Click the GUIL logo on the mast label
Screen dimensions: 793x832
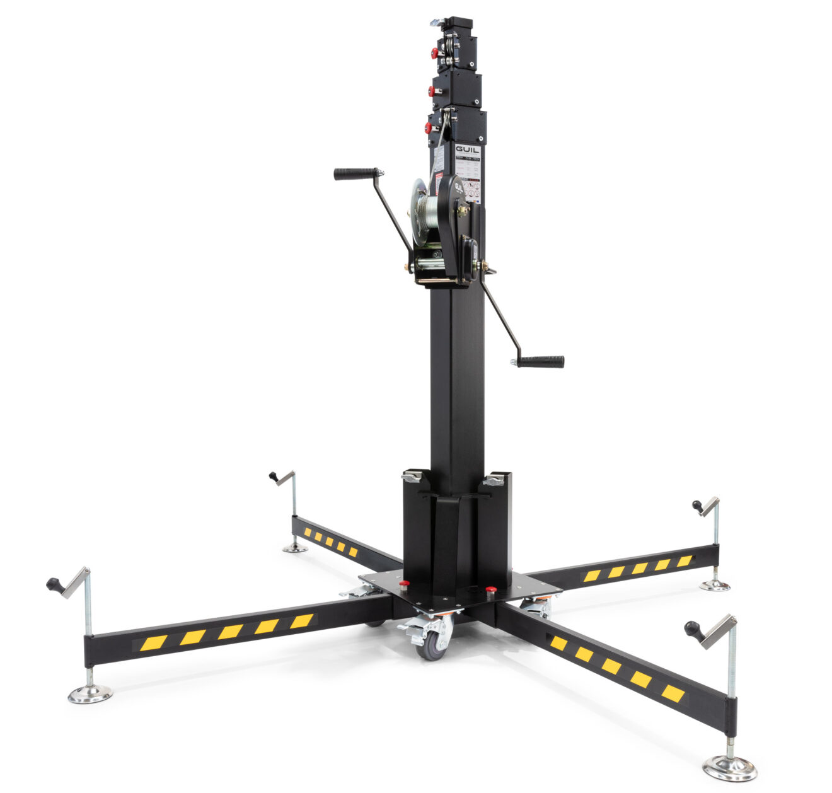[x=467, y=151]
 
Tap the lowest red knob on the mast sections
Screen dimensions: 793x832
[x=429, y=128]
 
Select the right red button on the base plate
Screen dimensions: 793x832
[x=491, y=590]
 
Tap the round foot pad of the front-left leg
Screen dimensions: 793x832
[x=90, y=695]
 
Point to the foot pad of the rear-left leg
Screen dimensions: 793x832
[x=294, y=548]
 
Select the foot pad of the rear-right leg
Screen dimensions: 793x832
[x=715, y=586]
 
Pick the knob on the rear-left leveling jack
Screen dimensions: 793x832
[x=274, y=476]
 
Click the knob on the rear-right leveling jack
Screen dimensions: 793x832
[x=697, y=506]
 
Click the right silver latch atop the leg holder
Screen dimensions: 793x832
[x=494, y=481]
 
